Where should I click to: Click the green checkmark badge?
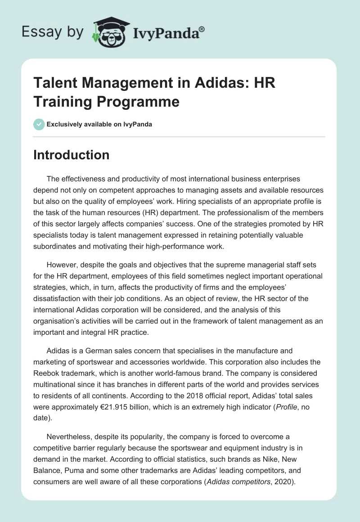39,124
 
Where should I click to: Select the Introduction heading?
71,155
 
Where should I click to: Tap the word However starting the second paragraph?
63,263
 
